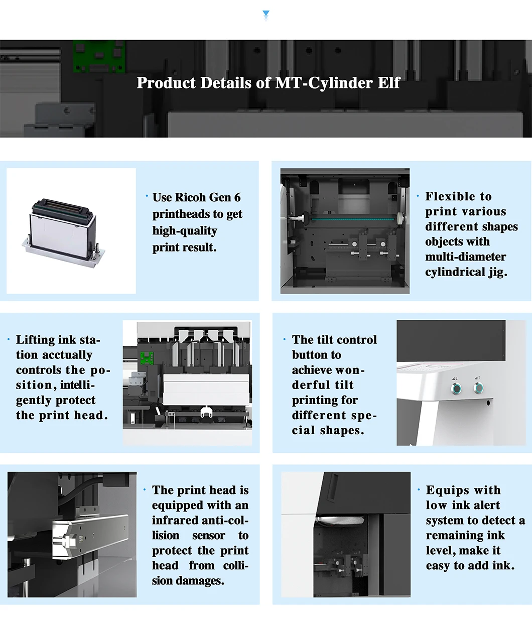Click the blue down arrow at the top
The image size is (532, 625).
[266, 15]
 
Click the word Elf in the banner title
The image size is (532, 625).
[388, 83]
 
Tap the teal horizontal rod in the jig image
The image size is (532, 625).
[351, 218]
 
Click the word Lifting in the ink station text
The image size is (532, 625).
[36, 340]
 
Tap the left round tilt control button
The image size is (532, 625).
[456, 388]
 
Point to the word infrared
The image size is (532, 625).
[175, 521]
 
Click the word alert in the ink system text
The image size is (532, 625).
[487, 506]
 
